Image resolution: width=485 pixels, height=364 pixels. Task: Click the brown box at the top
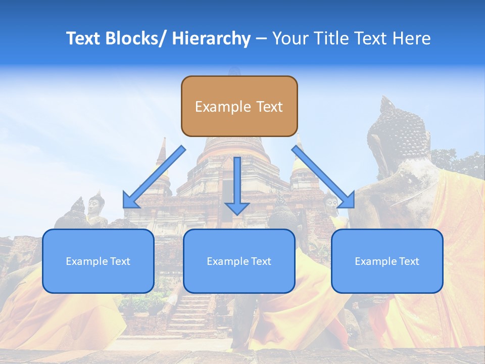pos(239,106)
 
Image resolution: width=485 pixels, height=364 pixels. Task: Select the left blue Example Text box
pos(98,261)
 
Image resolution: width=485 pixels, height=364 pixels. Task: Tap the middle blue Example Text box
pos(239,261)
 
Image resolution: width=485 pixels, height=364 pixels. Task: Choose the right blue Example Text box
pos(387,261)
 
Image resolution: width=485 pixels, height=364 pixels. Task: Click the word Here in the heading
pos(412,38)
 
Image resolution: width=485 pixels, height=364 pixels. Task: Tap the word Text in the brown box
pos(269,107)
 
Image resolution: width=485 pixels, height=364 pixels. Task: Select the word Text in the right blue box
pos(408,261)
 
